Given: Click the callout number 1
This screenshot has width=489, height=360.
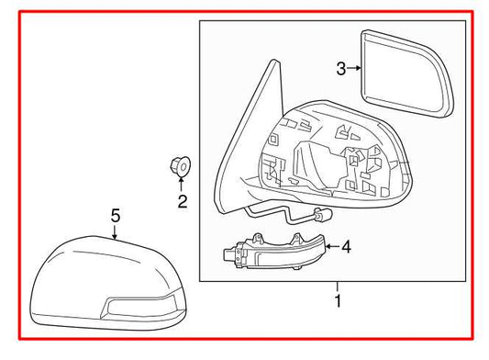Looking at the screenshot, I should pos(339,300).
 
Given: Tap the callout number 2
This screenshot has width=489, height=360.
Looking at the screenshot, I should pos(183,201).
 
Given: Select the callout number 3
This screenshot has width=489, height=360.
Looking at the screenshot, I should pos(340,68).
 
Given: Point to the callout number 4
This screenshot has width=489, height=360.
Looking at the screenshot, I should pos(345,246).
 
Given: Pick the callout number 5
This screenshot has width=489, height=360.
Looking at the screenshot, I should pos(115,216).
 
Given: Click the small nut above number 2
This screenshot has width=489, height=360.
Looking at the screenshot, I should pos(180,167).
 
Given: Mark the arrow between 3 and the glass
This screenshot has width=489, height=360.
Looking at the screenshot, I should pos(354,68).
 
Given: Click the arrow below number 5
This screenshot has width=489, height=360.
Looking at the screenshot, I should pos(115,233).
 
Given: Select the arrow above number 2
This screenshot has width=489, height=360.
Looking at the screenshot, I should pos(182,185).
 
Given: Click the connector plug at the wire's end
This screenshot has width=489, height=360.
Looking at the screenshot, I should pos(322,218).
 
